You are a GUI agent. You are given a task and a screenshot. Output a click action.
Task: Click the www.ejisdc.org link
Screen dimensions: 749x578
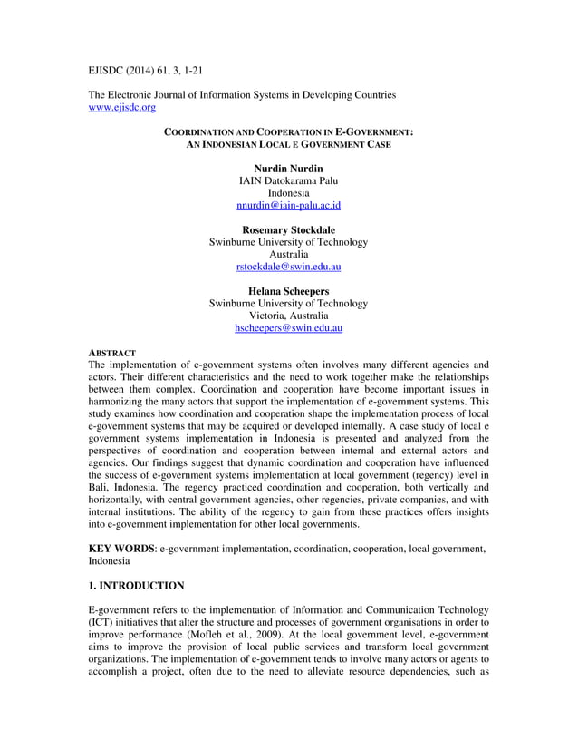[x=121, y=107]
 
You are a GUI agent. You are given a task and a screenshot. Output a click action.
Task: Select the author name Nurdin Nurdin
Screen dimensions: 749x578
[x=288, y=169]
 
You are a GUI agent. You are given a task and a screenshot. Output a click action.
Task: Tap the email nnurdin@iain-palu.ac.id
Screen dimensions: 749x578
[x=288, y=206]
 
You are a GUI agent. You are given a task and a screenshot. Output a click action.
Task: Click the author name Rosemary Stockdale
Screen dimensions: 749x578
[x=288, y=229]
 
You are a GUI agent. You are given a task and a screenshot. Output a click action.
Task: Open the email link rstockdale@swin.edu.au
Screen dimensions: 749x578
[x=288, y=267]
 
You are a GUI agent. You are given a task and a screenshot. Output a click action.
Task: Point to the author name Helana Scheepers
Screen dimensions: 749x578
[x=288, y=290]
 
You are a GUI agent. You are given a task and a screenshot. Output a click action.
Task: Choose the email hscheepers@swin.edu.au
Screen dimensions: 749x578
[x=288, y=327]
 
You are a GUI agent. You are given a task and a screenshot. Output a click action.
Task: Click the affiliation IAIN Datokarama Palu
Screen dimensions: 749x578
[x=288, y=181]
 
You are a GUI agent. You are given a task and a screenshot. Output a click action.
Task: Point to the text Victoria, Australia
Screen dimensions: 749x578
[x=288, y=316]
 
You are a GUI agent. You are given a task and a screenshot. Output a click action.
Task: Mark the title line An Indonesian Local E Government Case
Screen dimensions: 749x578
[x=288, y=145]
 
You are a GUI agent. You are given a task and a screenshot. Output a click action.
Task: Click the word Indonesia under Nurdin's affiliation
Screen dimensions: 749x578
[x=288, y=193]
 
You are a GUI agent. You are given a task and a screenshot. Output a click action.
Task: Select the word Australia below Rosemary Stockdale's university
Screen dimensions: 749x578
[x=288, y=255]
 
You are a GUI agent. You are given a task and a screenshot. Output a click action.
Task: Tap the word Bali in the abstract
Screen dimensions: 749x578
[x=100, y=487]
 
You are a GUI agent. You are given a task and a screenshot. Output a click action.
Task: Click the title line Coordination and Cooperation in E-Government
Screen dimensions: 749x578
[x=288, y=132]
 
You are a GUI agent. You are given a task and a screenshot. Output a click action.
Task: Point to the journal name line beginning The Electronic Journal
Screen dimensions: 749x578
[x=241, y=94]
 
